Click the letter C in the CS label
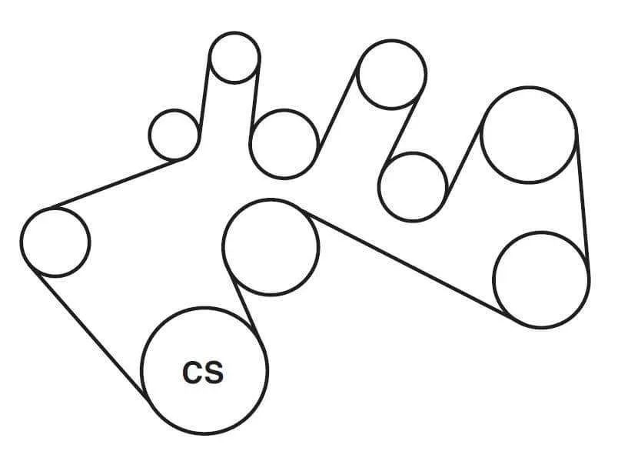click(x=193, y=372)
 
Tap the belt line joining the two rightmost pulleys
click(x=583, y=200)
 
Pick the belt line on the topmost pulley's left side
click(x=204, y=95)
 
